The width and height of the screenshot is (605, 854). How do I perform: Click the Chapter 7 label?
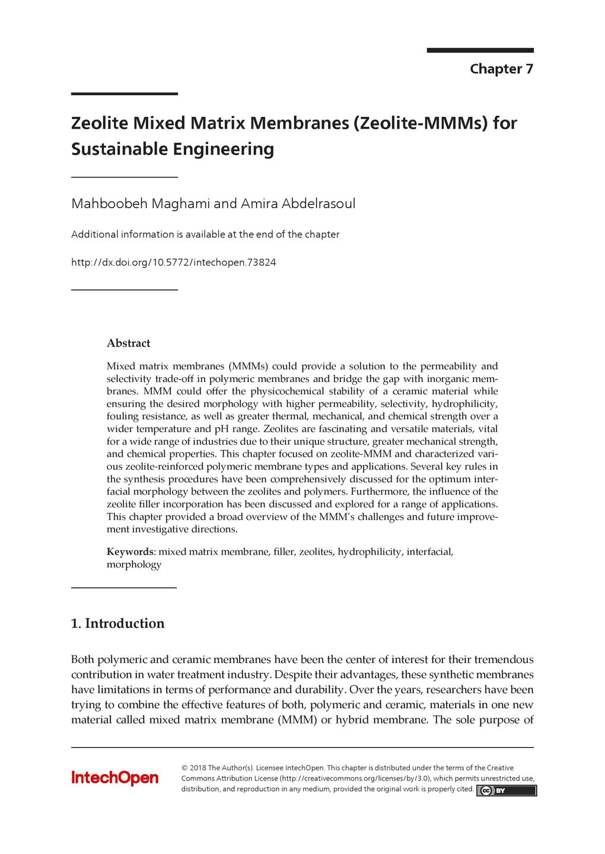pos(501,69)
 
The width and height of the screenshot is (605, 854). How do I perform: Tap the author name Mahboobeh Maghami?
pos(141,203)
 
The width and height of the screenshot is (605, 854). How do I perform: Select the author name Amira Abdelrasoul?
pos(298,203)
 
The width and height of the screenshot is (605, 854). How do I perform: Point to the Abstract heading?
pos(128,343)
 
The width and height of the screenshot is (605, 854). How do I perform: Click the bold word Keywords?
pos(130,552)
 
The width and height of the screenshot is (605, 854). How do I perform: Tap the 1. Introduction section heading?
pos(117,623)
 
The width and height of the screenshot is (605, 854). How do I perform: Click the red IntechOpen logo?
pos(115,777)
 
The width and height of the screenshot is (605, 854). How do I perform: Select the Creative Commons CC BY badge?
pos(506,791)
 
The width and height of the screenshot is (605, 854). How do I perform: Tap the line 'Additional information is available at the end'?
pos(205,234)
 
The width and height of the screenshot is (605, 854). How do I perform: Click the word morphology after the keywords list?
pos(133,564)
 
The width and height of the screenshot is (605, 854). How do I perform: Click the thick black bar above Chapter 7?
pos(480,50)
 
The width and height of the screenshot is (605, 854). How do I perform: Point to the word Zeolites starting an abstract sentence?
pos(282,429)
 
